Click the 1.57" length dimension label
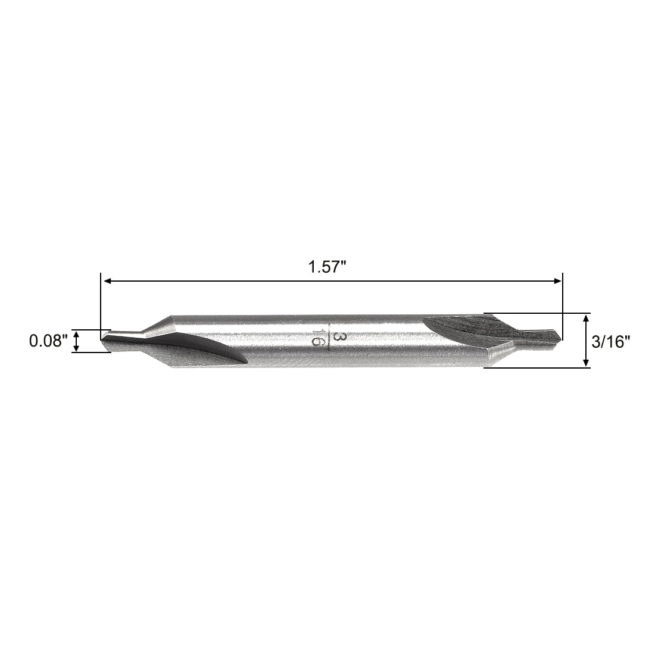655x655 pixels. tap(327, 267)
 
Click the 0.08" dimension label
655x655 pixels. tap(49, 341)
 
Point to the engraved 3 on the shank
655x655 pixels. tap(339, 337)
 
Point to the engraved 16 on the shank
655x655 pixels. tap(318, 338)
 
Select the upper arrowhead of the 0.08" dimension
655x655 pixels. tap(76, 333)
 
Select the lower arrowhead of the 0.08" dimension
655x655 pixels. tap(76, 348)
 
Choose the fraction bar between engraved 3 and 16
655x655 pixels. tap(329, 338)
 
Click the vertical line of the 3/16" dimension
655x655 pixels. tap(587, 340)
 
